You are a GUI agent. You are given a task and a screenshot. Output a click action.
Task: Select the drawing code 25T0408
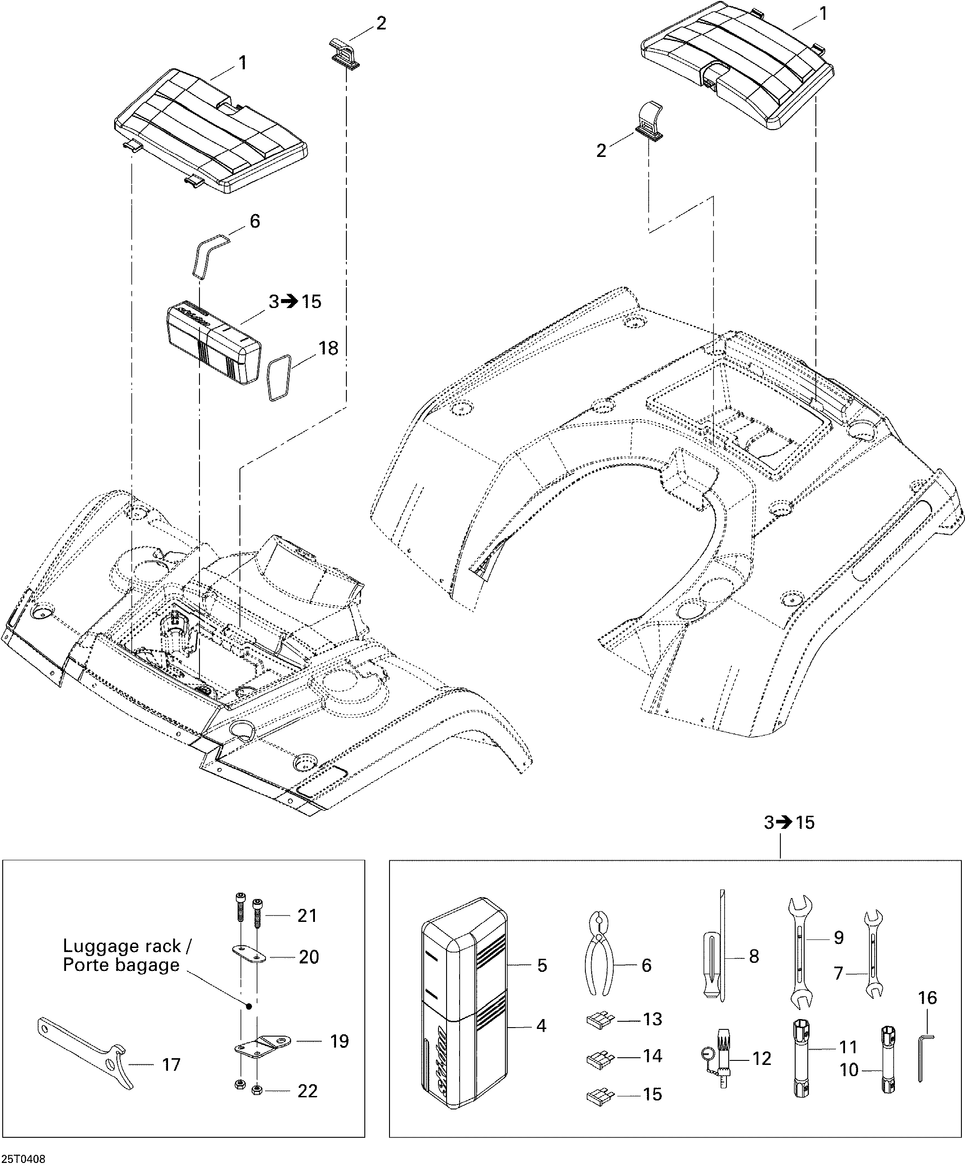coord(23,1158)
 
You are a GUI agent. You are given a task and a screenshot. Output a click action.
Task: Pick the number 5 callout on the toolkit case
coord(541,965)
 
